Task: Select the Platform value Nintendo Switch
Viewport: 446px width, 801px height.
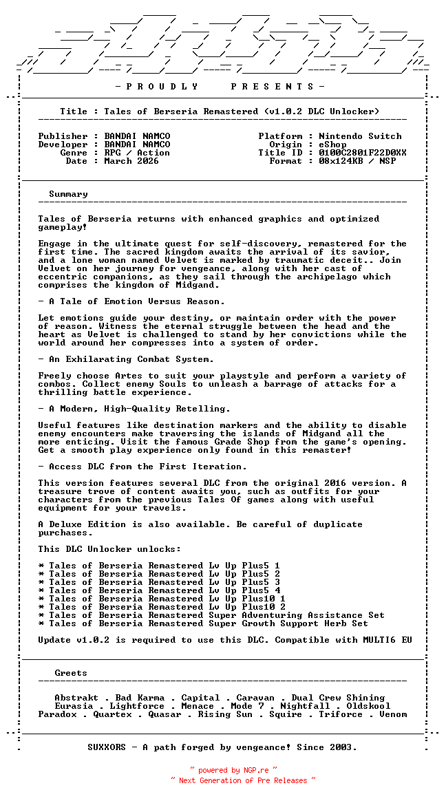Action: point(360,136)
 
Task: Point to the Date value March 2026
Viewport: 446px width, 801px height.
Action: point(131,161)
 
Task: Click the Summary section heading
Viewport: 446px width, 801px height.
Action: point(68,194)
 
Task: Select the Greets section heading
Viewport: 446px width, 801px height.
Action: point(71,673)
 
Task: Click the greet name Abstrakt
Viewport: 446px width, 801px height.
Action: point(76,698)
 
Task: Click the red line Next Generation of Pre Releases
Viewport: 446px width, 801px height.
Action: point(243,780)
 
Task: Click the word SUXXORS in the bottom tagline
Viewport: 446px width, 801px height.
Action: point(107,747)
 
